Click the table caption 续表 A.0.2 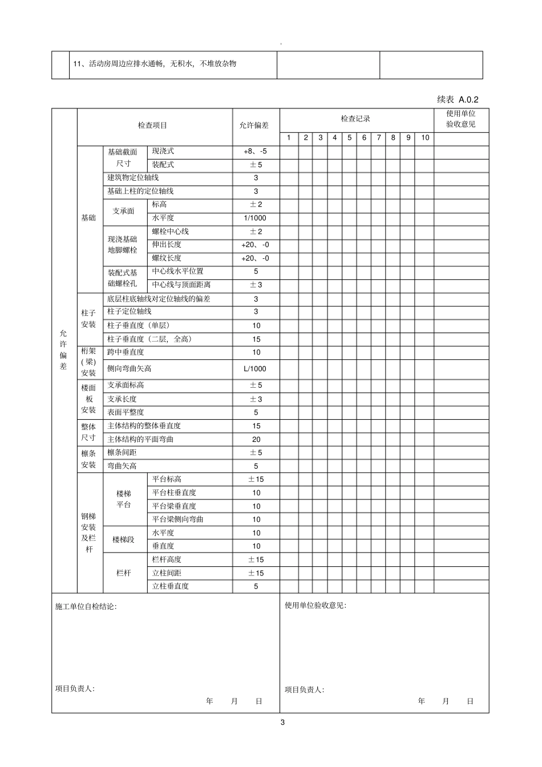[458, 99]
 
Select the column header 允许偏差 [254, 125]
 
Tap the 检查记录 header [355, 119]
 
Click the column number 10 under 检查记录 [425, 137]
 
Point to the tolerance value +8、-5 [255, 152]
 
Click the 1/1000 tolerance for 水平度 [255, 218]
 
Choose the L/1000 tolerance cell [255, 368]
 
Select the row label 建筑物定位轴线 [134, 178]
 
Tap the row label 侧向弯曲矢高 [130, 368]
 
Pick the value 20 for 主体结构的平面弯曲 [256, 439]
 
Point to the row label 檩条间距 [122, 452]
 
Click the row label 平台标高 [167, 479]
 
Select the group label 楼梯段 [123, 539]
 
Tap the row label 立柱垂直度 [171, 586]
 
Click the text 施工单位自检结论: [86, 607]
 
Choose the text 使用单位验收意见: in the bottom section [316, 606]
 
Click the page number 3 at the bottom [282, 723]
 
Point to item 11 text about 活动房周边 [155, 64]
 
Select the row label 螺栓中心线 [171, 232]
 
